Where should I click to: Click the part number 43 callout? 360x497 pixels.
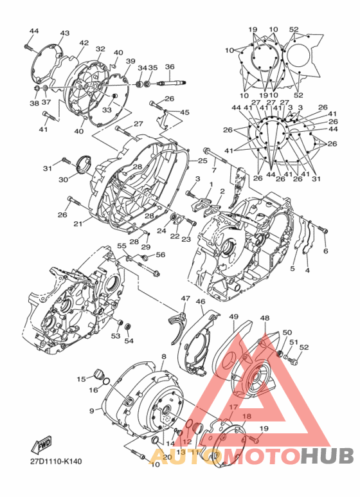pos(64,33)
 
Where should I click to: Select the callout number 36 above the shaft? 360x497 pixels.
pos(170,67)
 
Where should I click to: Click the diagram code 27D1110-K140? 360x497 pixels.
pos(55,462)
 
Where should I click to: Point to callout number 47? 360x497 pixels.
pos(185,299)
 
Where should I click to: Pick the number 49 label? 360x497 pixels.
pos(233,317)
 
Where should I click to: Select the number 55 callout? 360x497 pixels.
pos(122,246)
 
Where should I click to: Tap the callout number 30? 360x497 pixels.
pos(63,179)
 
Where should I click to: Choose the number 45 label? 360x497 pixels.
pos(185,113)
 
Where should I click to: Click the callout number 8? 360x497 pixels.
pos(164,356)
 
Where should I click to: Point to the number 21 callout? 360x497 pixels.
pos(77,224)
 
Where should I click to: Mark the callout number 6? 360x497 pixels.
pos(325,251)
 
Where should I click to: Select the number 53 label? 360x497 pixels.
pos(116,336)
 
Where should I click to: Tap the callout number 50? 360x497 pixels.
pos(287,332)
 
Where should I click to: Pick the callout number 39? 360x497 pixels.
pos(130,61)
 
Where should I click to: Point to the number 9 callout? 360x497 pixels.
pos(92,411)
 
